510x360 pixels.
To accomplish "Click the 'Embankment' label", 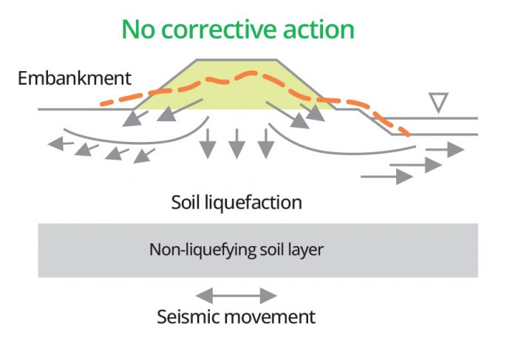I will point(75,78).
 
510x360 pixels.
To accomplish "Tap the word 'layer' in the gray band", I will point(305,250).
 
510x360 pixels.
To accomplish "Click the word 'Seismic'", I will point(188,318).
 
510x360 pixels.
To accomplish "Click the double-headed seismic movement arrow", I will point(237,296).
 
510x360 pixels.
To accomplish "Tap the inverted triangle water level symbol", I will point(439,102).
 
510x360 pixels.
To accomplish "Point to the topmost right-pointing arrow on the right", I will point(445,149).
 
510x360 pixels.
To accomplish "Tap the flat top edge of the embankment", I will point(238,59).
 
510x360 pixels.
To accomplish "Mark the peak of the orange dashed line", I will point(251,73).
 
